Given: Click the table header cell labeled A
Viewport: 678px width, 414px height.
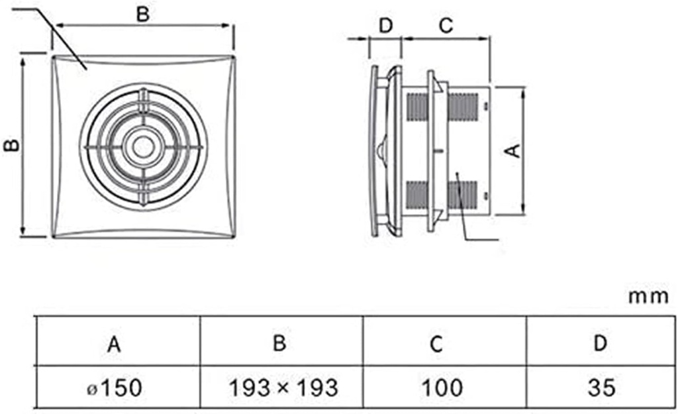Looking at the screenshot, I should (115, 343).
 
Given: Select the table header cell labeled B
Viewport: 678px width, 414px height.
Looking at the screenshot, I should (280, 343).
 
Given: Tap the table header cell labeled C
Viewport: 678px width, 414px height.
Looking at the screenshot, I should (444, 343).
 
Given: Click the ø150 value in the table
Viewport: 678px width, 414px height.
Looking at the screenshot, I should (117, 386).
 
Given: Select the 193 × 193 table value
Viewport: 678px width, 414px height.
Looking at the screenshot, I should (280, 386).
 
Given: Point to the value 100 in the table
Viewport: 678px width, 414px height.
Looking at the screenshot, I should (444, 386).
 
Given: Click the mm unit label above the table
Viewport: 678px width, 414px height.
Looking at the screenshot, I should (648, 296).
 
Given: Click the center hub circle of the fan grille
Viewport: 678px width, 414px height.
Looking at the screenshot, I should (142, 147).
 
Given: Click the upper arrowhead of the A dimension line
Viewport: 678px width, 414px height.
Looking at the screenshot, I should (524, 90).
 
